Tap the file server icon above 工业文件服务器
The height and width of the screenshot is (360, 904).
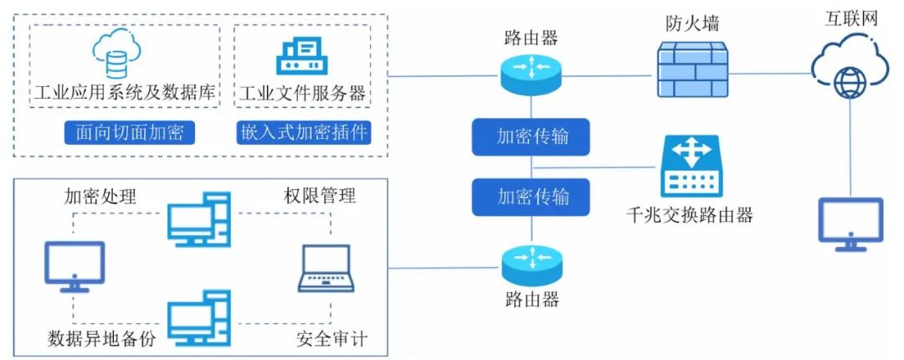tap(302, 54)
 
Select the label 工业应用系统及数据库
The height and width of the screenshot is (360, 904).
tap(125, 92)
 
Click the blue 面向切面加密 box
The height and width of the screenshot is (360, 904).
tap(124, 133)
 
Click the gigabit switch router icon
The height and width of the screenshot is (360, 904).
tap(692, 167)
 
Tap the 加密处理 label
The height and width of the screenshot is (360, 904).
tap(100, 196)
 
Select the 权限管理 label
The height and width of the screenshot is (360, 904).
tap(321, 196)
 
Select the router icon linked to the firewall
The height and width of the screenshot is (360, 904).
tap(531, 72)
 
